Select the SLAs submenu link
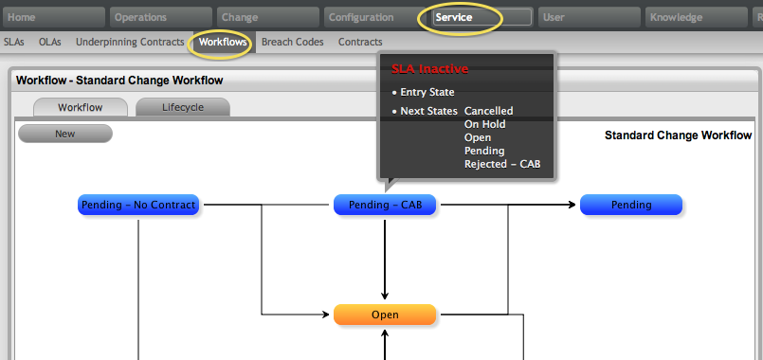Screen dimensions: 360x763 coord(14,42)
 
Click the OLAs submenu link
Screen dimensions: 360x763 coord(50,42)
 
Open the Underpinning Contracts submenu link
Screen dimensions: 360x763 coord(130,42)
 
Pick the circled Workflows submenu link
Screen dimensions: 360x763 coord(223,42)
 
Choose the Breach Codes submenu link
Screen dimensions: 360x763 coord(293,42)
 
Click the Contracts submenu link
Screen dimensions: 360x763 coord(360,42)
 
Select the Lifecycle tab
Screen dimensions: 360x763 coord(183,107)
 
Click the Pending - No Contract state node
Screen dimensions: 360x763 coord(138,205)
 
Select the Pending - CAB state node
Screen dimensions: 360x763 coord(385,205)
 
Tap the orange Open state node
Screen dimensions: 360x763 coord(385,315)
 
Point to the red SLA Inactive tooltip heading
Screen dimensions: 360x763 coord(429,69)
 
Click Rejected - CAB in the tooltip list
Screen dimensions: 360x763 coord(502,164)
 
